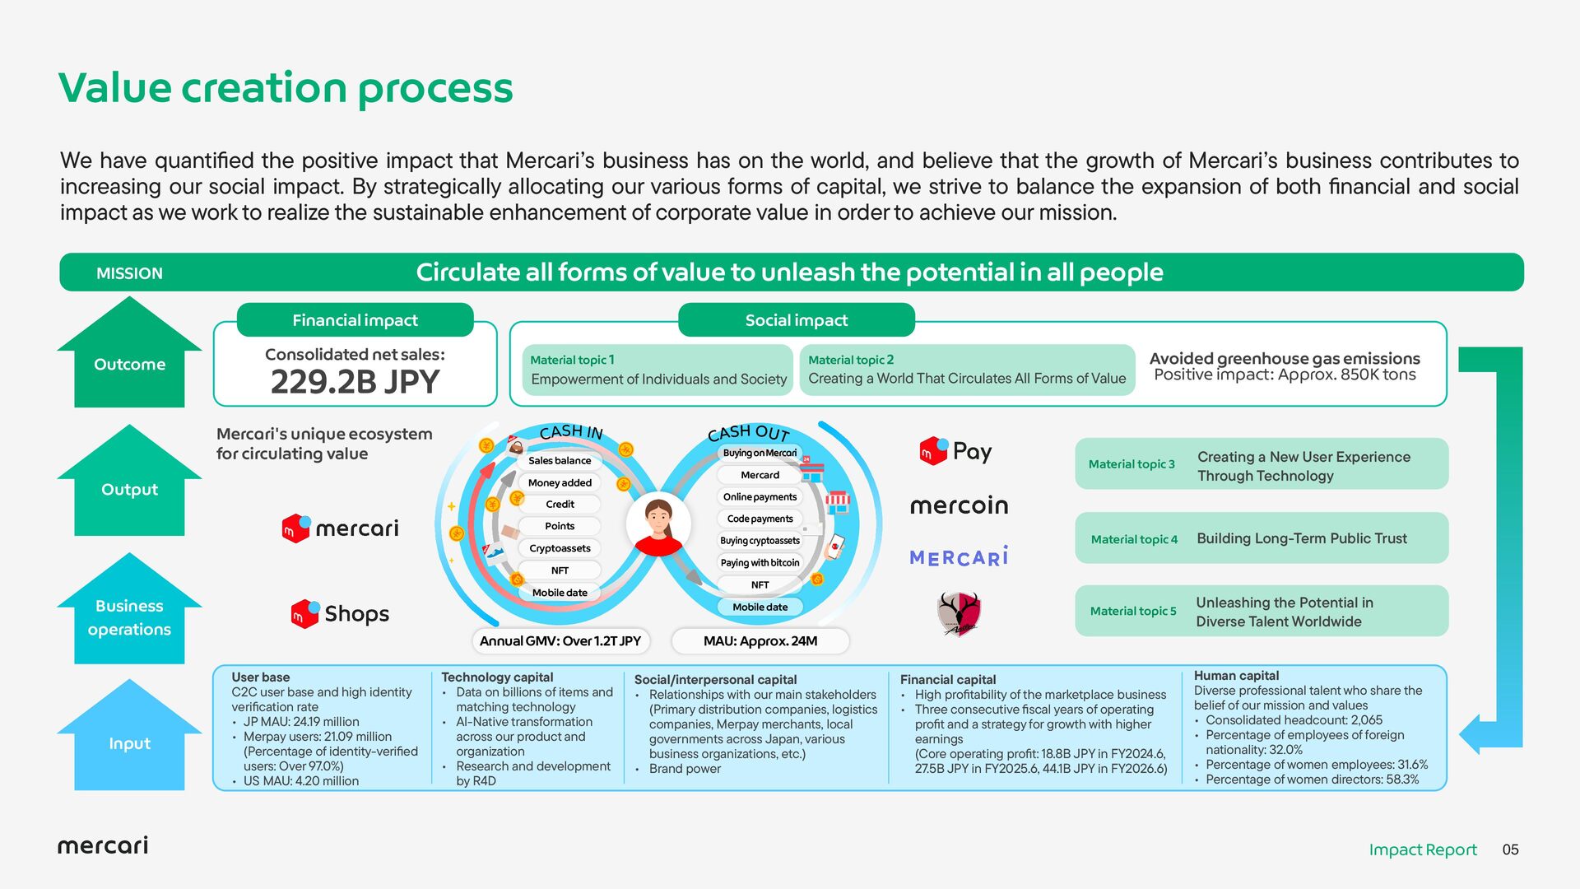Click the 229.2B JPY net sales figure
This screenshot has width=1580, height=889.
click(355, 382)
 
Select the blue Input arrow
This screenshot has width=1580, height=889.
click(129, 734)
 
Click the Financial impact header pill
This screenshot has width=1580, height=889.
click(355, 320)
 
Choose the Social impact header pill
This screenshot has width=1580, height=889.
click(796, 320)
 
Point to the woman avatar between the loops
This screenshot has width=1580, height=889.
click(658, 526)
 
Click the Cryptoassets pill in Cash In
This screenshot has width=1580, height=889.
click(560, 548)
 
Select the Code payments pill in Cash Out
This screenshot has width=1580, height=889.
click(760, 519)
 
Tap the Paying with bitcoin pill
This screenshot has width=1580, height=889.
click(760, 563)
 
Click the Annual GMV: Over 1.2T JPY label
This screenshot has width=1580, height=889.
click(560, 641)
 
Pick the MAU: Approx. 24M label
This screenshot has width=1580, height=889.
click(760, 641)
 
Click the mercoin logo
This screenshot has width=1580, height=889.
click(959, 505)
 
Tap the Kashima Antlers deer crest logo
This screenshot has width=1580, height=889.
click(960, 613)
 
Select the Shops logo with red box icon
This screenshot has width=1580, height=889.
click(340, 614)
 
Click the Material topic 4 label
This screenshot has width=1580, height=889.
click(1134, 540)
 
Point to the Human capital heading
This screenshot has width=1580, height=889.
click(1236, 676)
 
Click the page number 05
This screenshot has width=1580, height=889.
click(1510, 849)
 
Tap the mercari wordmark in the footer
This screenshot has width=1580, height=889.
click(103, 845)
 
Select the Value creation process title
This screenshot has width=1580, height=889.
click(286, 88)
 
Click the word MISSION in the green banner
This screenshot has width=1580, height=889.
click(129, 273)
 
